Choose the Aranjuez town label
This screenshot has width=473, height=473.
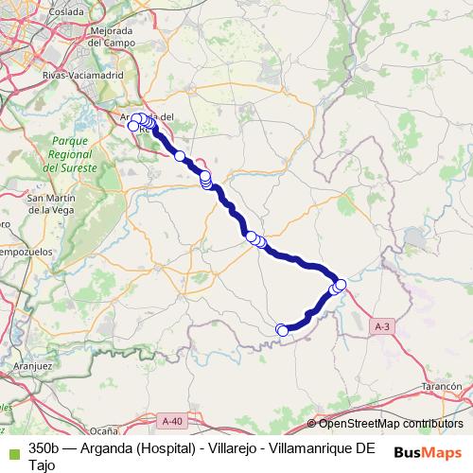[x=33, y=363]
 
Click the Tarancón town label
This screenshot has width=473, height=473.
[x=440, y=388]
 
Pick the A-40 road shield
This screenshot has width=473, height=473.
[x=171, y=421]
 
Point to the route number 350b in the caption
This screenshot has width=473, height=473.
[x=44, y=447]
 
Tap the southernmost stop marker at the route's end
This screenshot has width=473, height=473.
[x=281, y=329]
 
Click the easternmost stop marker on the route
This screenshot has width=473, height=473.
[x=341, y=285]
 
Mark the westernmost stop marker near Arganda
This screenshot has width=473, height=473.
[x=133, y=126]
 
